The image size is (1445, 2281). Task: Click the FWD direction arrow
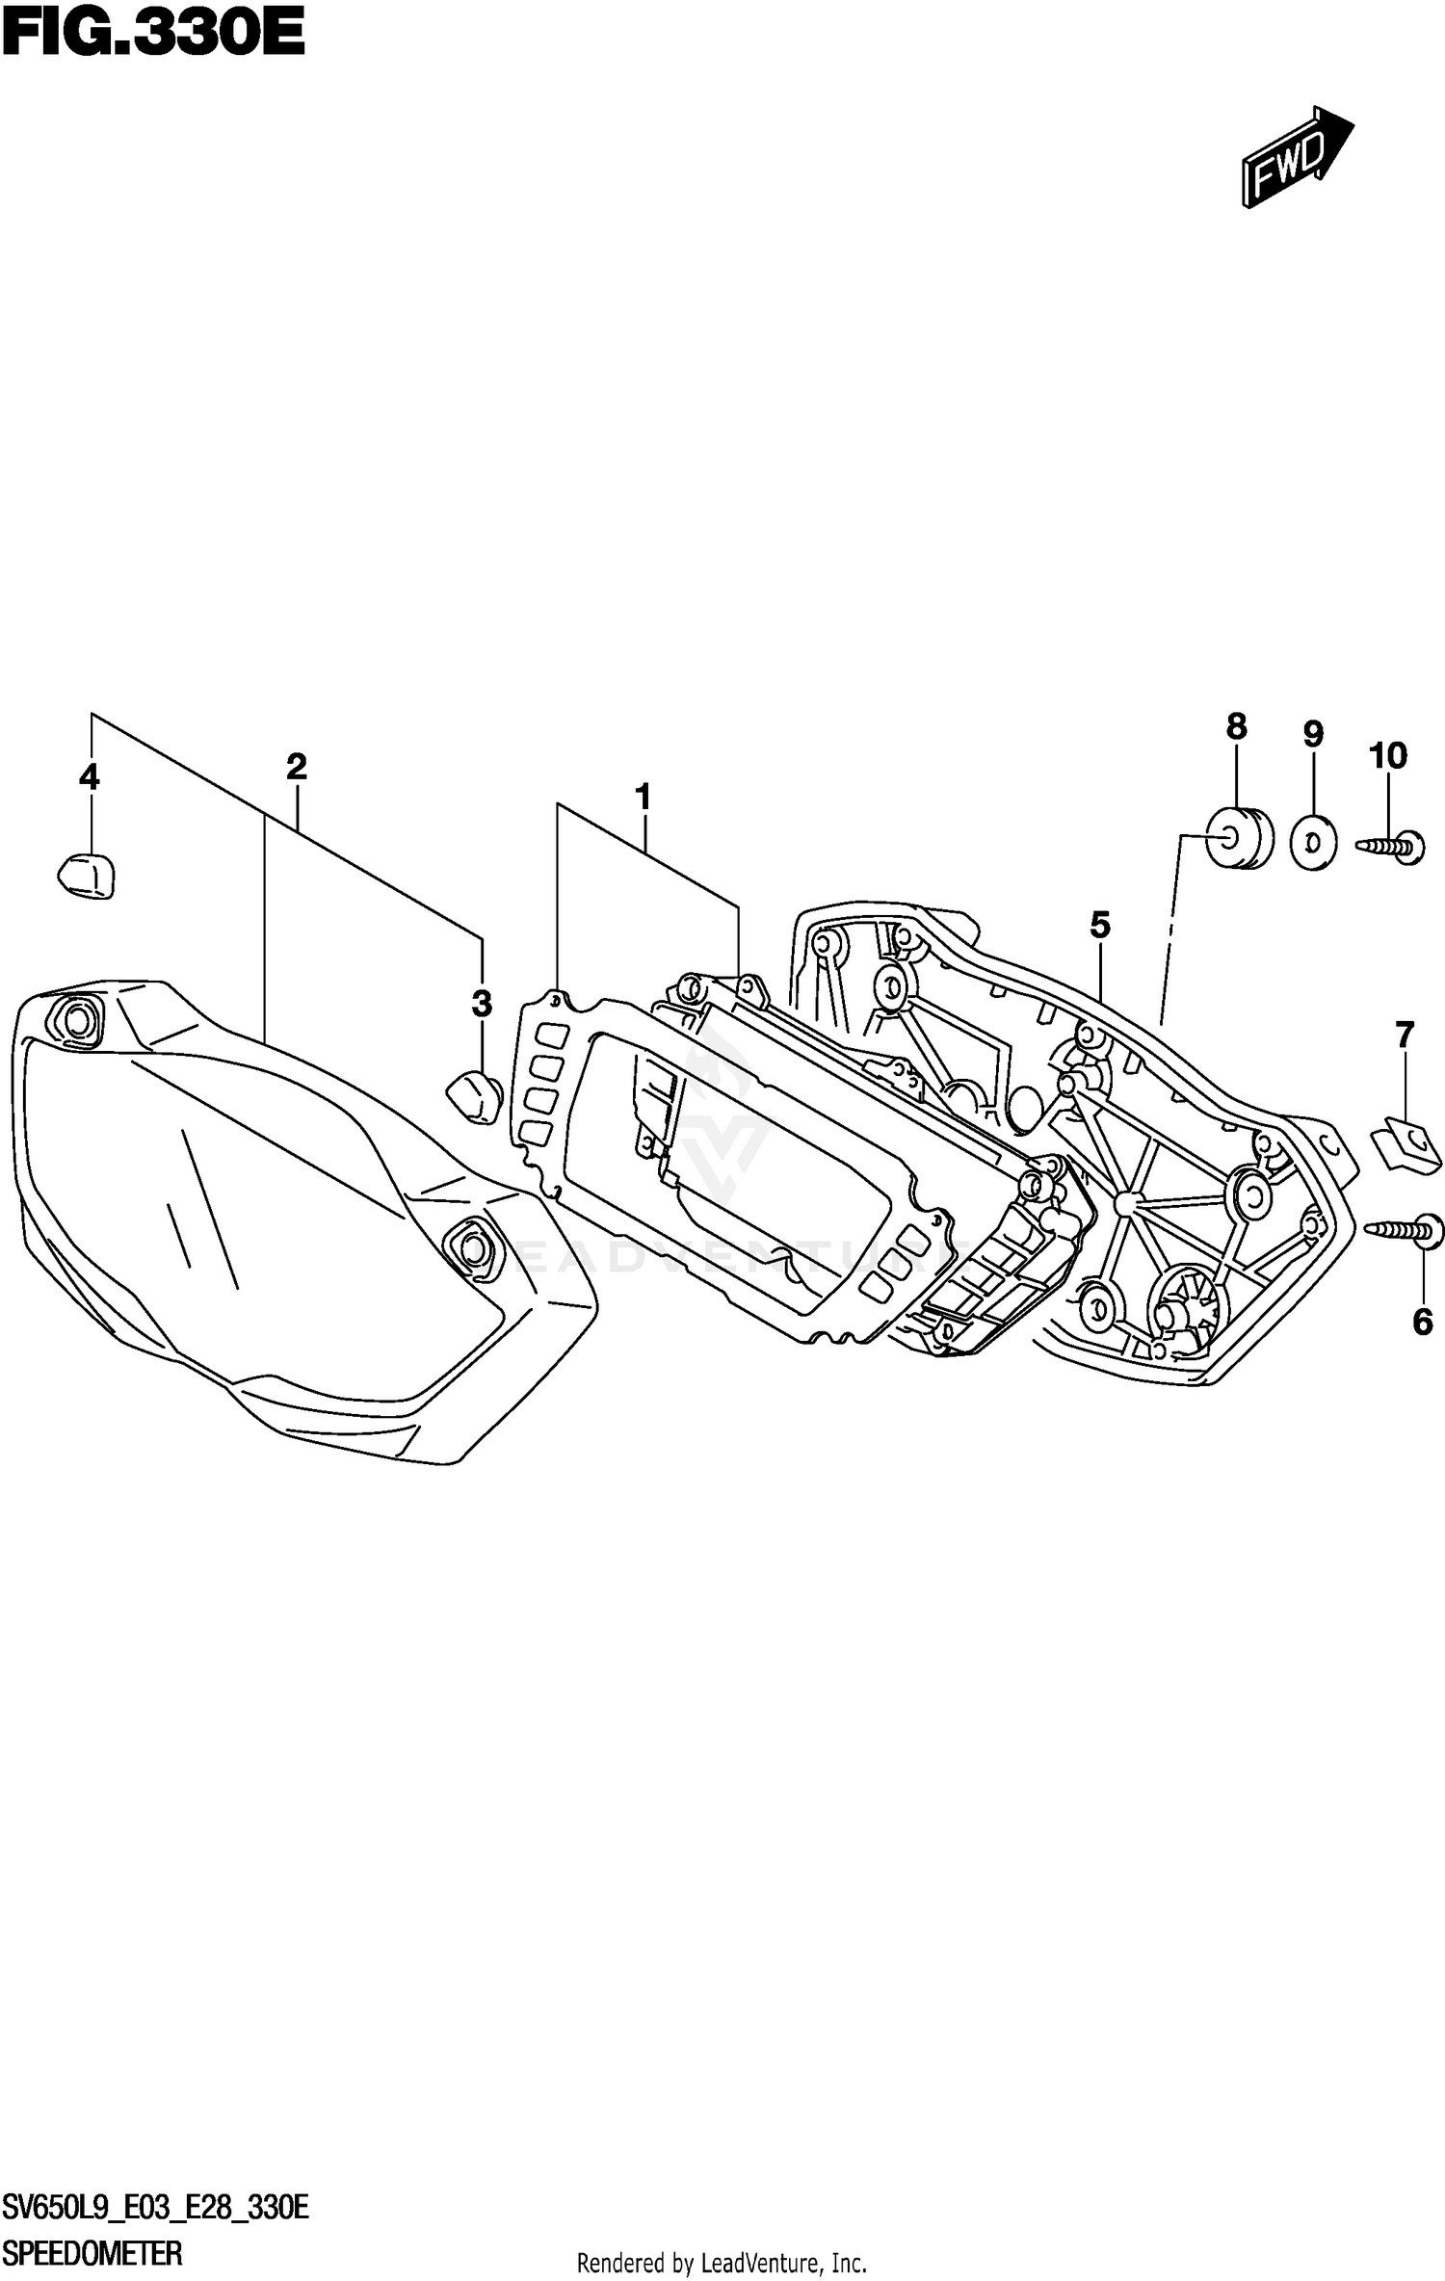pos(1297,157)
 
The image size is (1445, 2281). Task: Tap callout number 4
pos(89,776)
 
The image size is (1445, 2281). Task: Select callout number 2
pos(296,767)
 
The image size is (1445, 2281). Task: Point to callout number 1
pos(643,798)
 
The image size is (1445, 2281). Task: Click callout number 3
pos(482,1004)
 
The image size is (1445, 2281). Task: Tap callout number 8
pos(1236,726)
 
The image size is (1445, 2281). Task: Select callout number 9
pos(1312,734)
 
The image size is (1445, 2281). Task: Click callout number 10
pos(1388,755)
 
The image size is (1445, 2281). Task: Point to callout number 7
pos(1405,1036)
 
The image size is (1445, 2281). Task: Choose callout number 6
pos(1423,1323)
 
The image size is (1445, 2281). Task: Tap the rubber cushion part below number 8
pos(1239,838)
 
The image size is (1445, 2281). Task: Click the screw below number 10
pos(1395,847)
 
